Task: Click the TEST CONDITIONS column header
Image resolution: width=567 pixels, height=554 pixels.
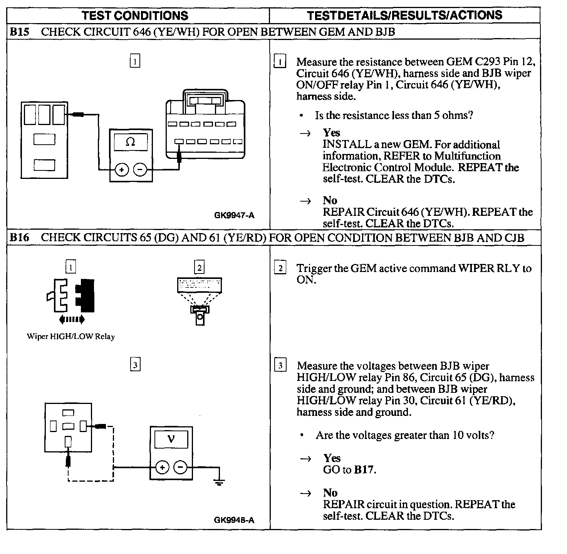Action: [x=135, y=15]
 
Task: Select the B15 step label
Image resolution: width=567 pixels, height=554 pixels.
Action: [x=19, y=32]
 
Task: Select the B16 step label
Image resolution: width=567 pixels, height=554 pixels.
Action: [x=19, y=237]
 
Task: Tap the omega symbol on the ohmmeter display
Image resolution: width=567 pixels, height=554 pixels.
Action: [x=131, y=142]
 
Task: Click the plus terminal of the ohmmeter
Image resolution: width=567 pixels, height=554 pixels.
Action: [x=122, y=170]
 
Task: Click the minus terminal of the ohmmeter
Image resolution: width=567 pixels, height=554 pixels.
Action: [x=140, y=170]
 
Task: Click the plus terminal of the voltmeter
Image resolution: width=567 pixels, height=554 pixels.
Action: [x=162, y=467]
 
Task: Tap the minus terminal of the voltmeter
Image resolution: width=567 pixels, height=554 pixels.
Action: [x=180, y=467]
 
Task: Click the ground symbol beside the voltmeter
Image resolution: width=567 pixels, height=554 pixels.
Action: [x=219, y=482]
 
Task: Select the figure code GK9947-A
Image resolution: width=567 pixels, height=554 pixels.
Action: [x=234, y=215]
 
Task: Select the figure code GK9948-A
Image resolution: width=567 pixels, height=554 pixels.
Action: [x=234, y=521]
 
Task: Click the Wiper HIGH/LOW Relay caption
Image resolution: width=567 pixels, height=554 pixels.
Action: [x=71, y=337]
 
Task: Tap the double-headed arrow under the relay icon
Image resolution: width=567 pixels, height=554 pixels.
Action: [x=71, y=319]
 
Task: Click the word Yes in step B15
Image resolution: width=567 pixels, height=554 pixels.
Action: [x=332, y=133]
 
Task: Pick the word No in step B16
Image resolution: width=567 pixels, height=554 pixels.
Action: [x=330, y=493]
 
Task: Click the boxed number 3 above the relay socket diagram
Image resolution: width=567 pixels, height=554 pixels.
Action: [x=135, y=364]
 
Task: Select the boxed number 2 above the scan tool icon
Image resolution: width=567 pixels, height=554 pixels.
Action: [x=199, y=267]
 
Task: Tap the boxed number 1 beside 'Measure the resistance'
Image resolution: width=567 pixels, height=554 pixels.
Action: [x=280, y=62]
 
